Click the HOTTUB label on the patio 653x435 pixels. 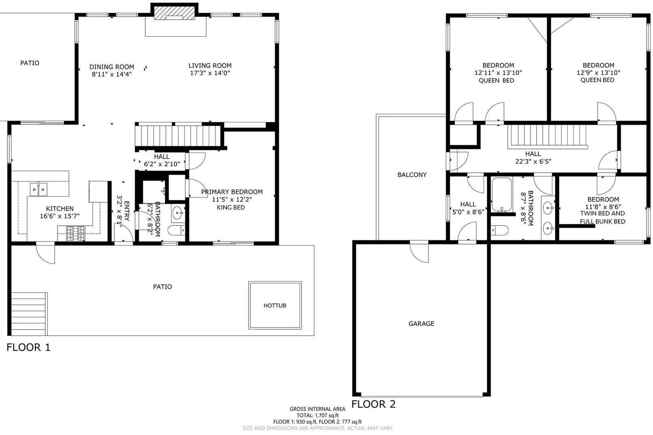[275, 306]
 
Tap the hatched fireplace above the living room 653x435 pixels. [174, 13]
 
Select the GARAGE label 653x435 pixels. [421, 324]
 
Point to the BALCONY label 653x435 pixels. [412, 175]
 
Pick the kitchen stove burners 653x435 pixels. [76, 233]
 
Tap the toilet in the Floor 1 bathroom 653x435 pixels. [176, 230]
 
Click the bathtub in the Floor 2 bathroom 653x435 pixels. [502, 195]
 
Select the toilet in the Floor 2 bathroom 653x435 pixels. [500, 230]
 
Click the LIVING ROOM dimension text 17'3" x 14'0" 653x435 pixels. [210, 73]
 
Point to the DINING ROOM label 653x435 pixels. [112, 67]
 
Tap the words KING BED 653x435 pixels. [231, 207]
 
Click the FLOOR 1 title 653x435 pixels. [29, 347]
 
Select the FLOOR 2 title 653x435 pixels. [373, 404]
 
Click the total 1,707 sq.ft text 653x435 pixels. [318, 415]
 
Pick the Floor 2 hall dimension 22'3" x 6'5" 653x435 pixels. [533, 161]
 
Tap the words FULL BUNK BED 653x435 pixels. [602, 221]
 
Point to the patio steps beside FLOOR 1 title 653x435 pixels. [29, 314]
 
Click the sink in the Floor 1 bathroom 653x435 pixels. [177, 213]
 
